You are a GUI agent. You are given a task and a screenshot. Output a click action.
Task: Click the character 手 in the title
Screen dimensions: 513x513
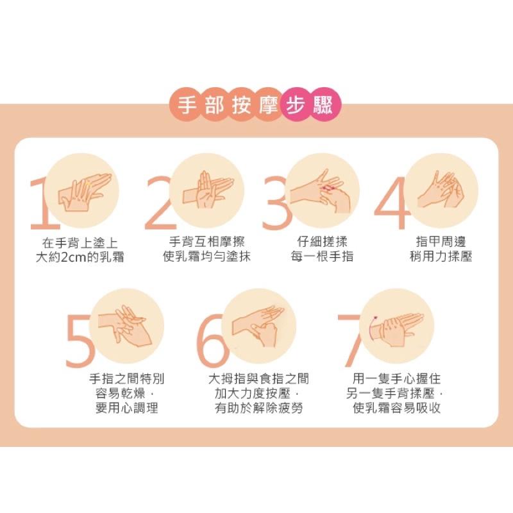[187, 105]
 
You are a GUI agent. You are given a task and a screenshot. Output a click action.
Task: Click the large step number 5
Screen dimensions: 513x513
[80, 339]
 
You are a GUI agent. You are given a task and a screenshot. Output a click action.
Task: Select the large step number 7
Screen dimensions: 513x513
[351, 339]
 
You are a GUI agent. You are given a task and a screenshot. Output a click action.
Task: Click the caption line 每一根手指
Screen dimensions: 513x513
[323, 257]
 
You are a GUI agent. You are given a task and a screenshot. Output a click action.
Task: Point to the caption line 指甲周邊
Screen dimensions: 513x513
[441, 242]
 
